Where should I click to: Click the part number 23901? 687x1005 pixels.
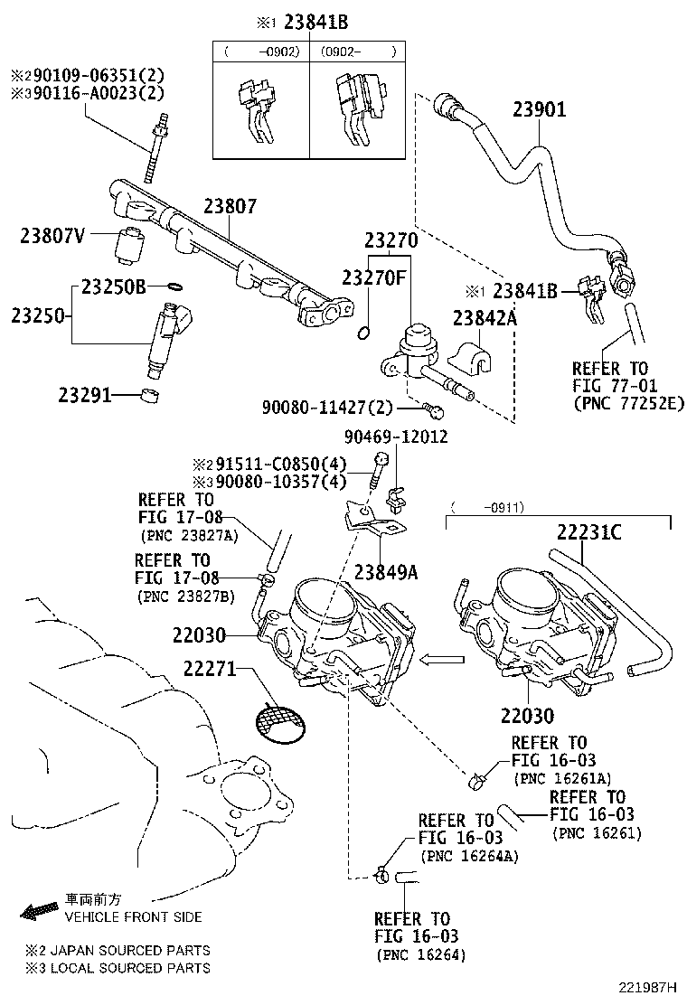(540, 110)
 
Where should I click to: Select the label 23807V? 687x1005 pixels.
(52, 237)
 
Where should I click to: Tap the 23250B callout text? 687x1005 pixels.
(113, 287)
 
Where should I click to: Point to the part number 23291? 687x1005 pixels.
(84, 395)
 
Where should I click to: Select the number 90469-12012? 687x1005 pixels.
(395, 437)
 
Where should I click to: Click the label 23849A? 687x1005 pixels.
(386, 571)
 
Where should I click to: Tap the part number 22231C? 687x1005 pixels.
(588, 532)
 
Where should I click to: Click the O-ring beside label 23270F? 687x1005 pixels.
(362, 333)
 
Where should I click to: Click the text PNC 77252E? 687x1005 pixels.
(628, 403)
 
